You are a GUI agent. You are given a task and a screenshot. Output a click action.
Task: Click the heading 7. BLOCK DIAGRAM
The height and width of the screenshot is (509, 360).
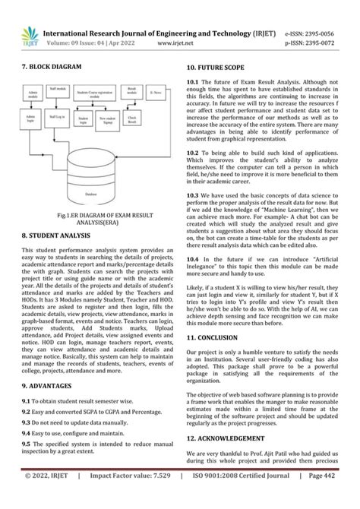52,68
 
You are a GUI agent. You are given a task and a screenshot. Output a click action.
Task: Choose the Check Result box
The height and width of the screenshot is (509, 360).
132,119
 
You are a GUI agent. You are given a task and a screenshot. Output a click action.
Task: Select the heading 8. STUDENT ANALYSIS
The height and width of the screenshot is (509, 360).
59,236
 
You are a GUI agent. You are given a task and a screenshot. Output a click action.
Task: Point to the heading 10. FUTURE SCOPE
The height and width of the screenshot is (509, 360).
221,68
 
